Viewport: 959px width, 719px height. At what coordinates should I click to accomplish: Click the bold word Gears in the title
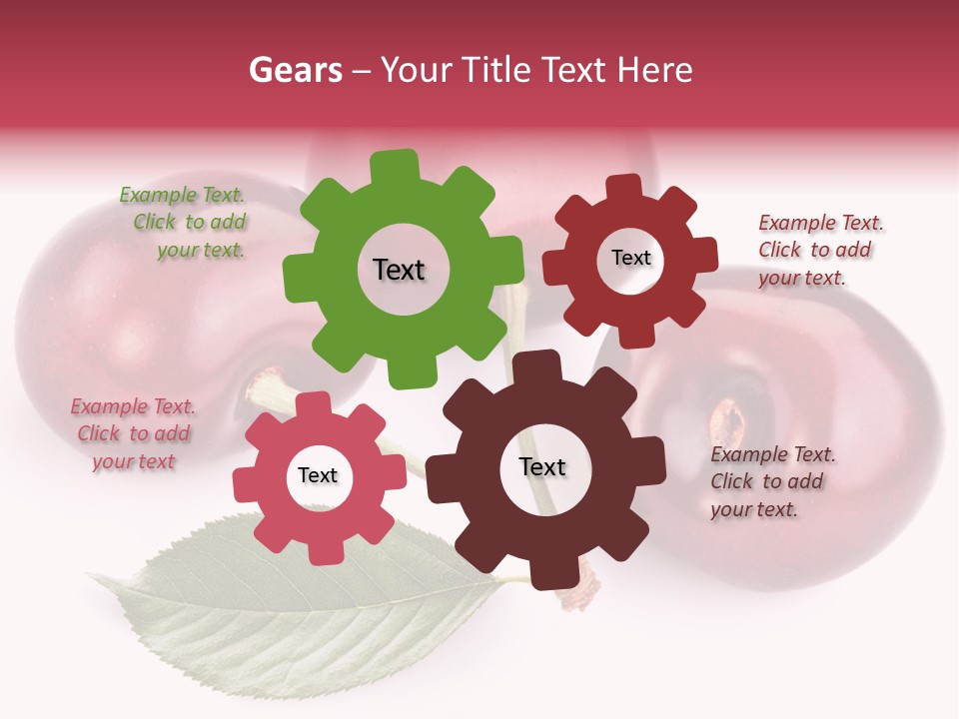[295, 70]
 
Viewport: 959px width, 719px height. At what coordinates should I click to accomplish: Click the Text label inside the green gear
[399, 270]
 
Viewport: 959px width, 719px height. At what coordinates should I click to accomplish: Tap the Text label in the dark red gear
[630, 258]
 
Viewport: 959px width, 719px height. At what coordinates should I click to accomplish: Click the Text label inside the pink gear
[318, 475]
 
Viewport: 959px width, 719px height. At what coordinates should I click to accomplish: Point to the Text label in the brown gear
[542, 466]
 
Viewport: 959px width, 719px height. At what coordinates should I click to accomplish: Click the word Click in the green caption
[154, 222]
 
